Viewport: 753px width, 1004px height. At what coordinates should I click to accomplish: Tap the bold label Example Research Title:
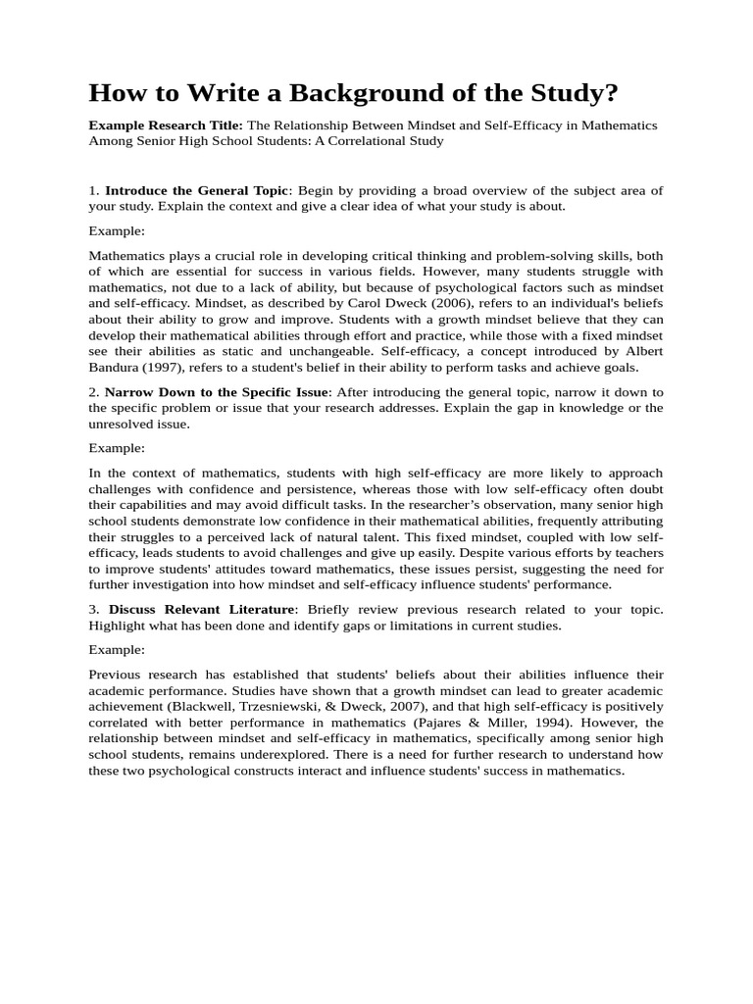click(x=166, y=125)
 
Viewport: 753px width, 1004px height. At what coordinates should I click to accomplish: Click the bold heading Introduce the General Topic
click(x=196, y=190)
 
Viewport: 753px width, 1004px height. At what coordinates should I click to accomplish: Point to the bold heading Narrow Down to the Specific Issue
click(x=218, y=392)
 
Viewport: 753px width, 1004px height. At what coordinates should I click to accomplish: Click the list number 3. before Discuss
click(x=95, y=610)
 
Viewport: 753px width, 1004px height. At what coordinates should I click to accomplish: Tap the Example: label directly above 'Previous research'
click(x=117, y=650)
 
